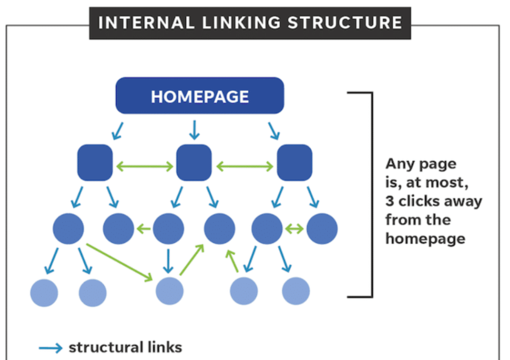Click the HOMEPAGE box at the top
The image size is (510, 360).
pyautogui.click(x=200, y=96)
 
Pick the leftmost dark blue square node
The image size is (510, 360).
pyautogui.click(x=95, y=163)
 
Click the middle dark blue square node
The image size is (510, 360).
pyautogui.click(x=194, y=163)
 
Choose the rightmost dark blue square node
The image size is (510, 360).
pyautogui.click(x=294, y=163)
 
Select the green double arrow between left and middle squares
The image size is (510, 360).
pyautogui.click(x=145, y=167)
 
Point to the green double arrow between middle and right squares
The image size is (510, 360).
pyautogui.click(x=245, y=167)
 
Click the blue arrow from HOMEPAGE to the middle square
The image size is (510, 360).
pyautogui.click(x=194, y=130)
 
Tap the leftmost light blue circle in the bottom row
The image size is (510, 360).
pyautogui.click(x=44, y=292)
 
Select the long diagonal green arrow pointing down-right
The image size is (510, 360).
pyautogui.click(x=120, y=260)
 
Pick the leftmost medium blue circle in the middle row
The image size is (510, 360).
pyautogui.click(x=69, y=229)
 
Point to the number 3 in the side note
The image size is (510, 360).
pyautogui.click(x=390, y=202)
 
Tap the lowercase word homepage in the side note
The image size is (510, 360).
pyautogui.click(x=425, y=239)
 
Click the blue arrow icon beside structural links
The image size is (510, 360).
pyautogui.click(x=50, y=348)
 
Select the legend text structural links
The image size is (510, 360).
pyautogui.click(x=125, y=347)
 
